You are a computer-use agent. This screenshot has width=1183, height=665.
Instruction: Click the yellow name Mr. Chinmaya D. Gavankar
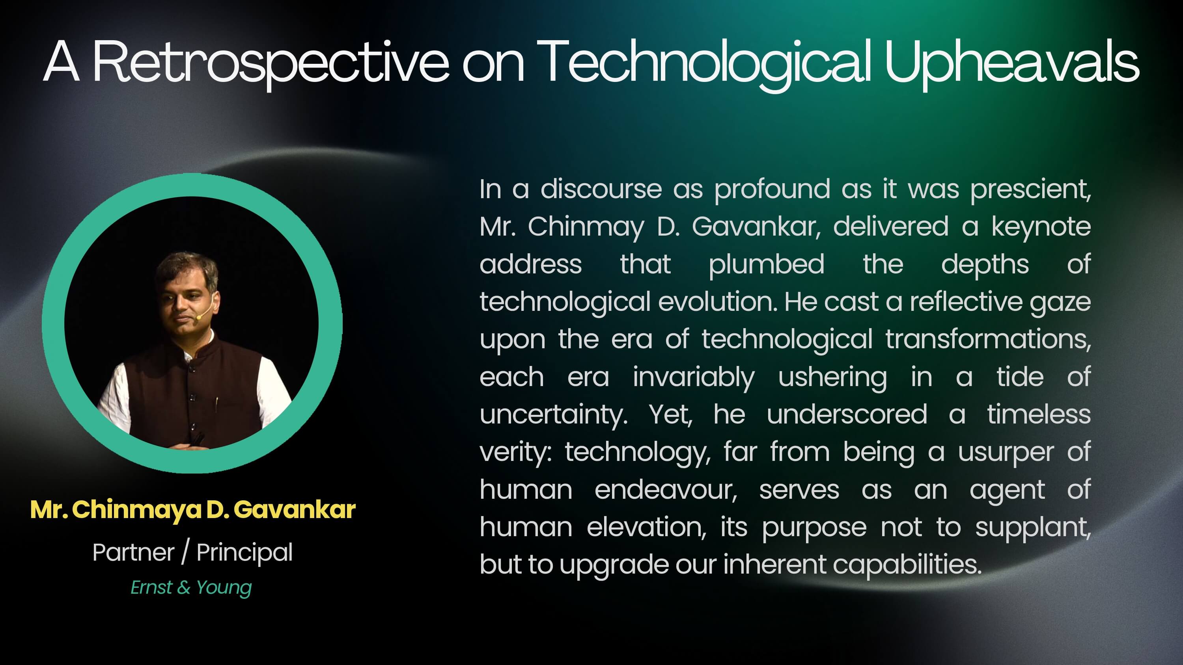[193, 509]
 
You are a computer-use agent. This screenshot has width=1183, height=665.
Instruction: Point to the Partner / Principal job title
[192, 552]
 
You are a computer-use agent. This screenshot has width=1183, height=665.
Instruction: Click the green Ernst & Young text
[191, 588]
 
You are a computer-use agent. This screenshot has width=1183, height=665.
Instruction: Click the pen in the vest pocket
[216, 403]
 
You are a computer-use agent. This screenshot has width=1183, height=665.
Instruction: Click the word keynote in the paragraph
[1041, 226]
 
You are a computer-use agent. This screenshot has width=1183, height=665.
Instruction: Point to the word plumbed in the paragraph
[767, 265]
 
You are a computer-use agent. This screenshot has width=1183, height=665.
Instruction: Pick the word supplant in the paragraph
[1033, 528]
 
